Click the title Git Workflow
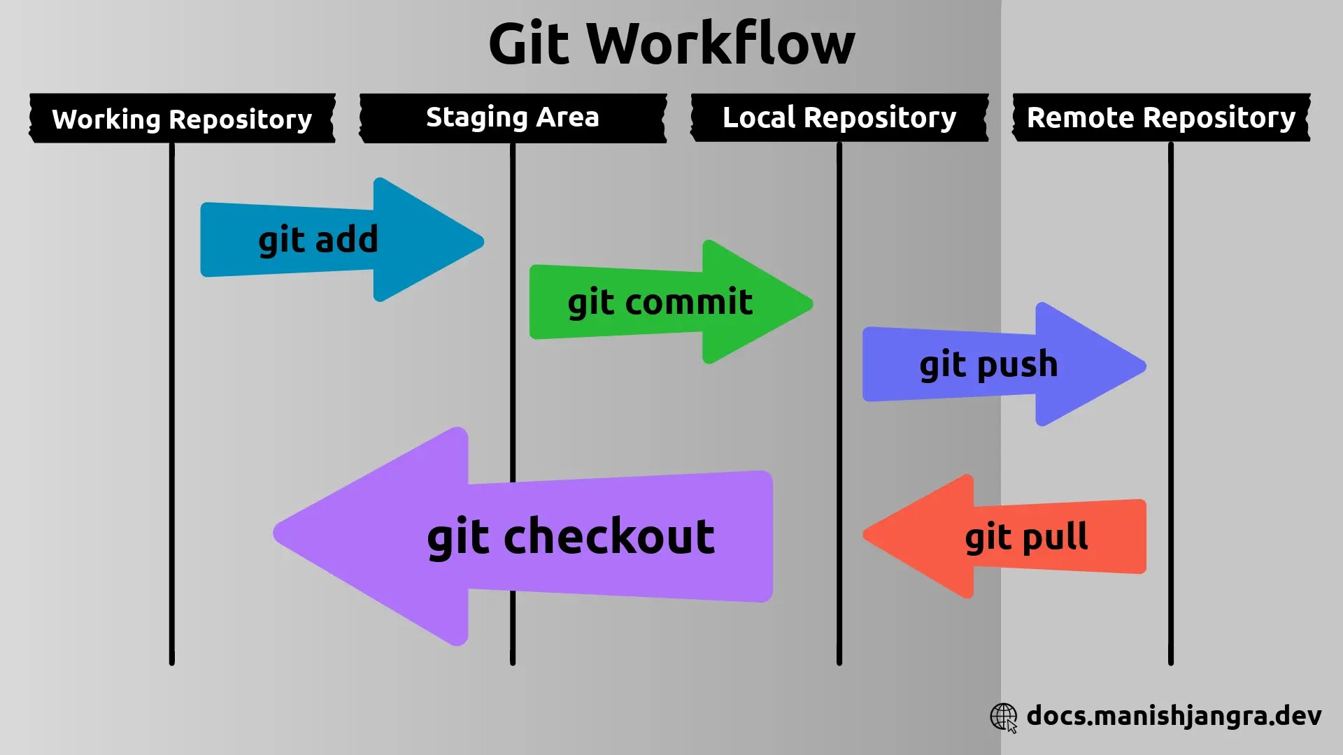671,43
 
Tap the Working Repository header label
182,119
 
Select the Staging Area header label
513,117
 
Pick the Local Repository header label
839,117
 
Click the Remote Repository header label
1161,117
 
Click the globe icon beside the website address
1004,717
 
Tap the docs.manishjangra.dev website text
1174,716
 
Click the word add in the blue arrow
347,240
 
